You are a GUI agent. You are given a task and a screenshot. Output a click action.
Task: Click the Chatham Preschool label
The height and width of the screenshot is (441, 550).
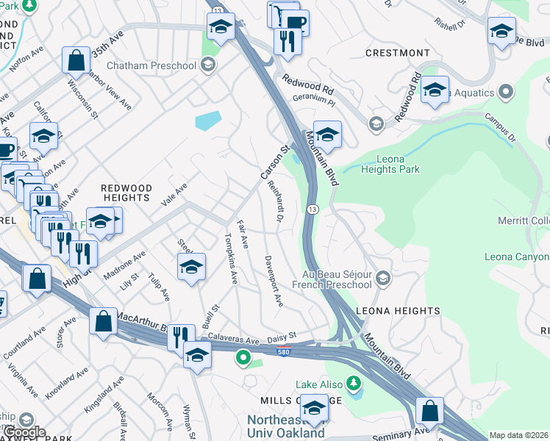(x=151, y=66)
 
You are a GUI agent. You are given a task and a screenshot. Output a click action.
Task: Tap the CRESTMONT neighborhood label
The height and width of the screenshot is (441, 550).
(x=397, y=53)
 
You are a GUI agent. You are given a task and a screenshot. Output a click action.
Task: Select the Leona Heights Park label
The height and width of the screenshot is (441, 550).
(x=390, y=164)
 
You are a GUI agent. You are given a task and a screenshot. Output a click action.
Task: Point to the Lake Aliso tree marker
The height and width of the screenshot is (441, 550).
(x=354, y=384)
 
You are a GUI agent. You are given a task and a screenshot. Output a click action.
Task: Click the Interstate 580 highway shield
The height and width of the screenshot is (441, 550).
(x=283, y=352)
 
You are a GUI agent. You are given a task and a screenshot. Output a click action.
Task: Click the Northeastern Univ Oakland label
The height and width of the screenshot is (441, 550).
(x=285, y=426)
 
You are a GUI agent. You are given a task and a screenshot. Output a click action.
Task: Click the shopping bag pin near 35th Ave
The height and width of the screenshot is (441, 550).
(x=76, y=61)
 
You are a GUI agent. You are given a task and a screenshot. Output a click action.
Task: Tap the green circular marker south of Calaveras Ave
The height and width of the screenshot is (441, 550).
(x=243, y=359)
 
